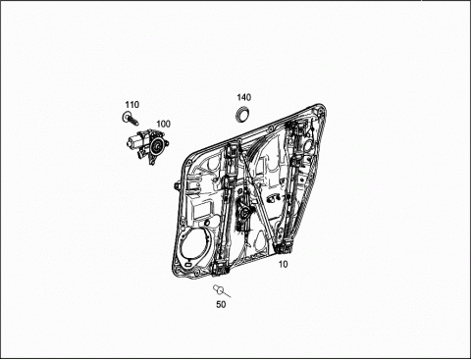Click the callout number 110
pos(132,105)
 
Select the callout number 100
pos(163,124)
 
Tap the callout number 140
pos(244,97)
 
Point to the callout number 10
pos(283,264)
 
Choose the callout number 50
pos(221,304)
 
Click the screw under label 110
pos(131,118)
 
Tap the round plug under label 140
pos(242,115)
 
